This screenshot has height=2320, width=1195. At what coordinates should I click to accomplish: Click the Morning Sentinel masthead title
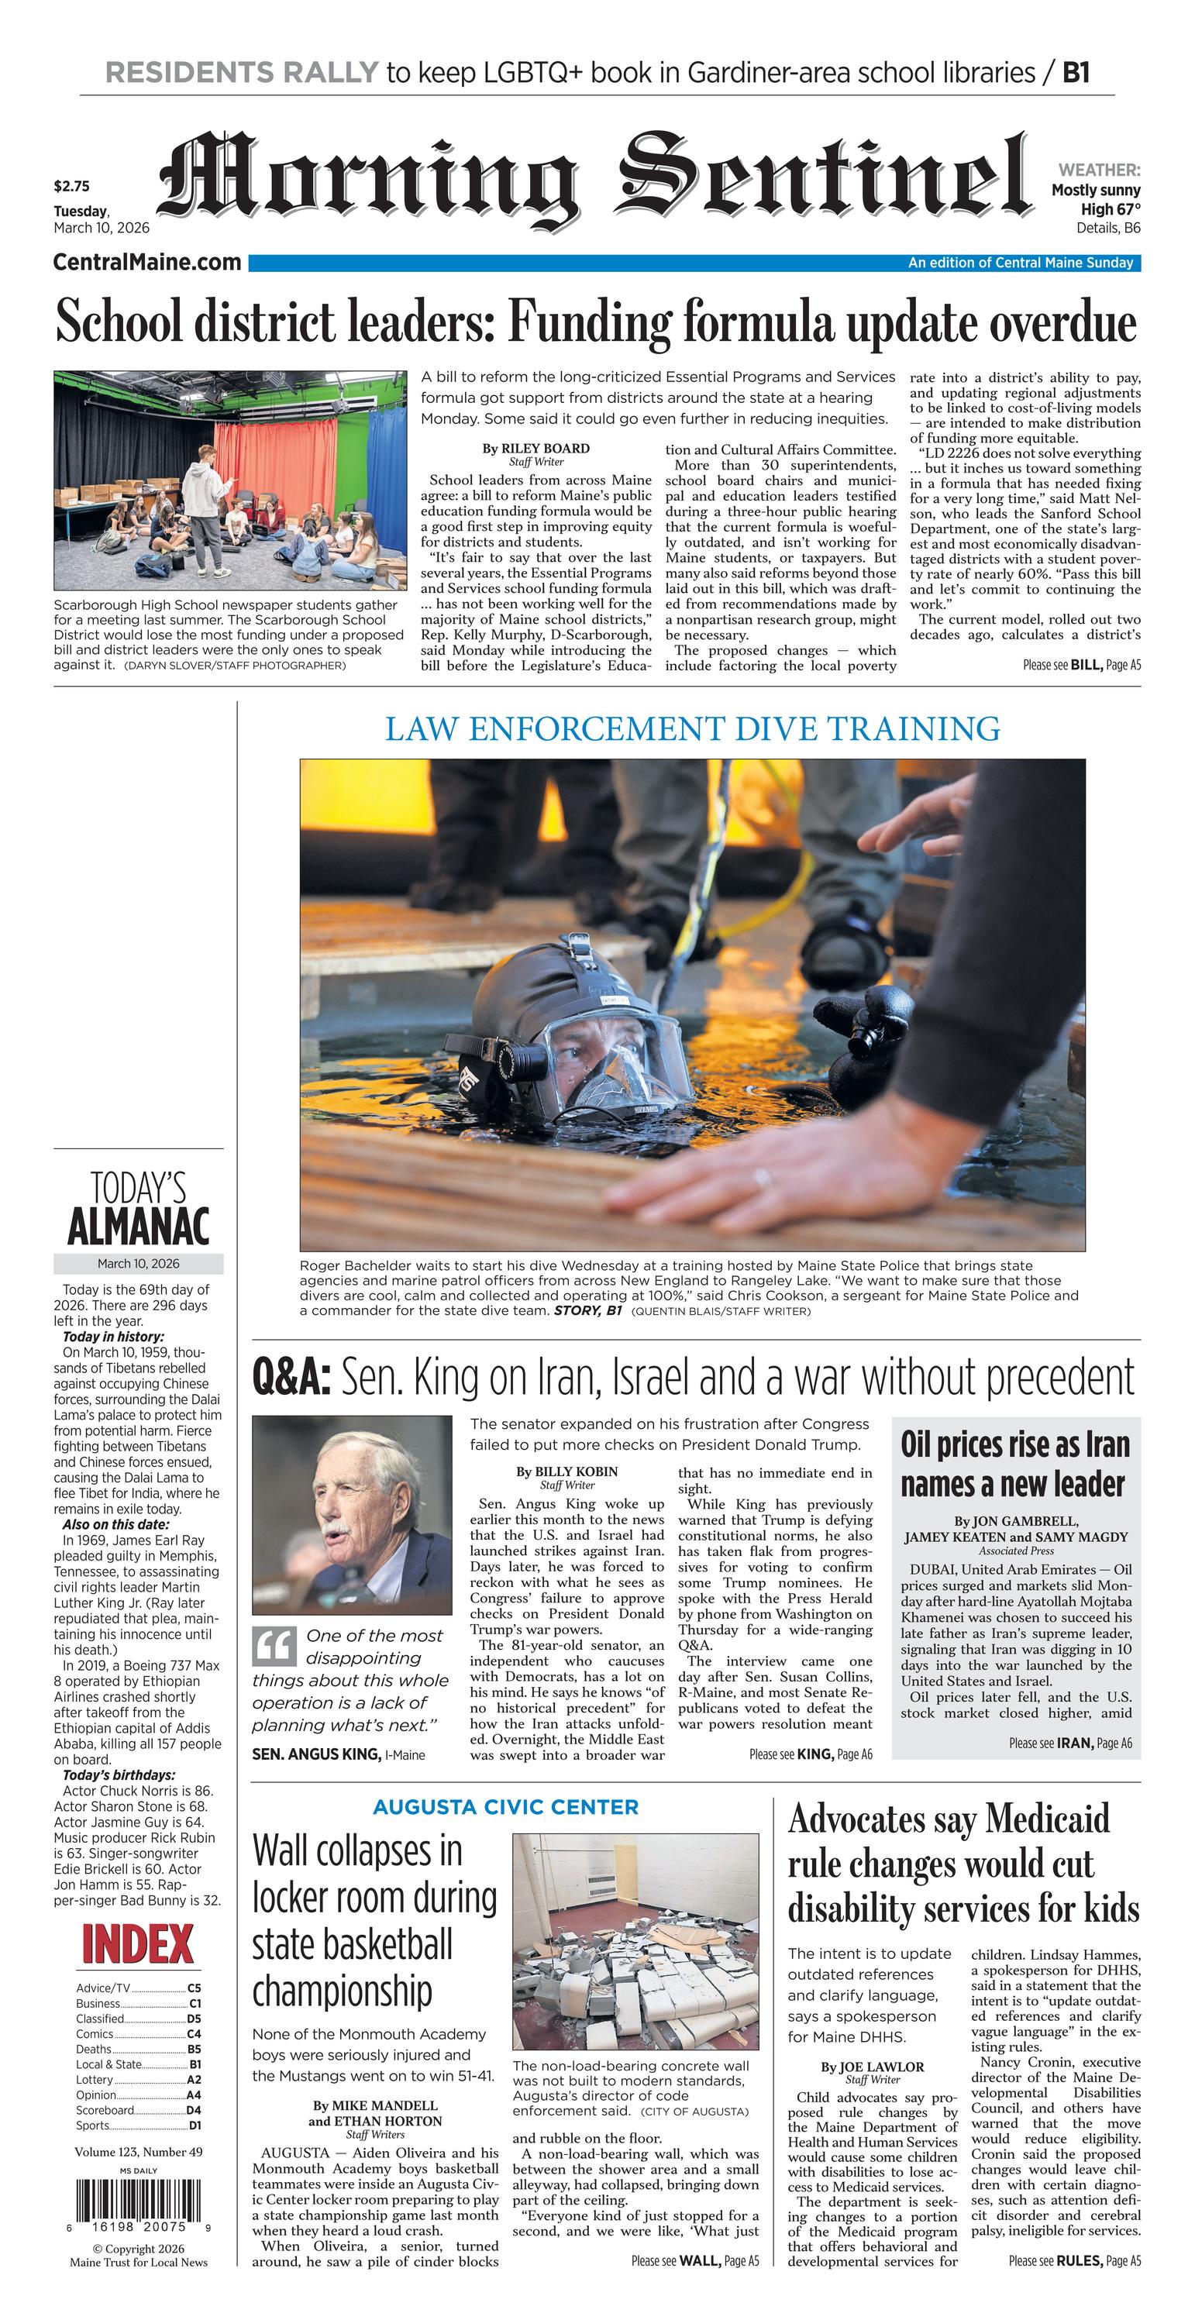[594, 177]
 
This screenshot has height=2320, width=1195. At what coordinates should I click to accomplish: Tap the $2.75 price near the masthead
[71, 188]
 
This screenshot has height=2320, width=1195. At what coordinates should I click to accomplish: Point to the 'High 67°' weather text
[1111, 209]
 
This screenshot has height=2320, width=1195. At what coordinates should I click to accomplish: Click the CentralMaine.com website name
[146, 262]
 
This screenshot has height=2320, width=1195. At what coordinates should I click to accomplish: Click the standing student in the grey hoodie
[207, 507]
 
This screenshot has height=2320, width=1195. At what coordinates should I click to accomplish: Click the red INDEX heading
[138, 1944]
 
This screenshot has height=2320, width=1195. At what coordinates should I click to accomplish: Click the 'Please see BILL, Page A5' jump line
[1080, 666]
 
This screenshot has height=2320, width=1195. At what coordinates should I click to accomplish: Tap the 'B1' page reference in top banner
[1076, 72]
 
